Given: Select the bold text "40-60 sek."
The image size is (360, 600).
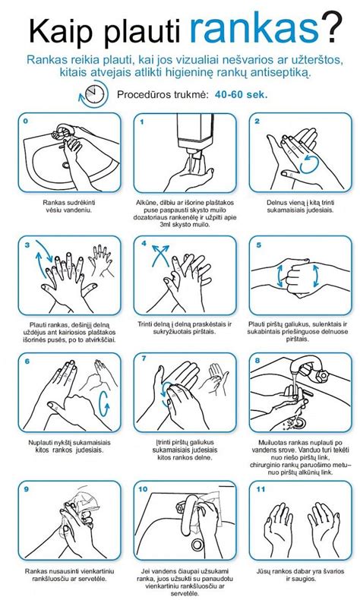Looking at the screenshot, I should (x=241, y=96).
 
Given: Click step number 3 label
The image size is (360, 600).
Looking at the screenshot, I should (x=27, y=245).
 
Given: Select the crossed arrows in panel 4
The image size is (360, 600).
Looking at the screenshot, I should (x=159, y=257).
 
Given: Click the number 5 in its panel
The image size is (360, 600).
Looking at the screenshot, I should (x=259, y=245).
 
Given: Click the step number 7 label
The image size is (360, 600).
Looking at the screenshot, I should (x=143, y=361).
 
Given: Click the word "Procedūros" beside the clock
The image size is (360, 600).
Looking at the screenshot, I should (x=145, y=96).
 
